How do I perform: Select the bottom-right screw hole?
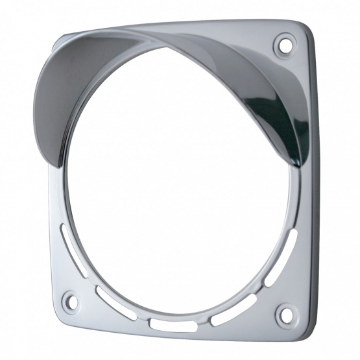(x=284, y=316)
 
